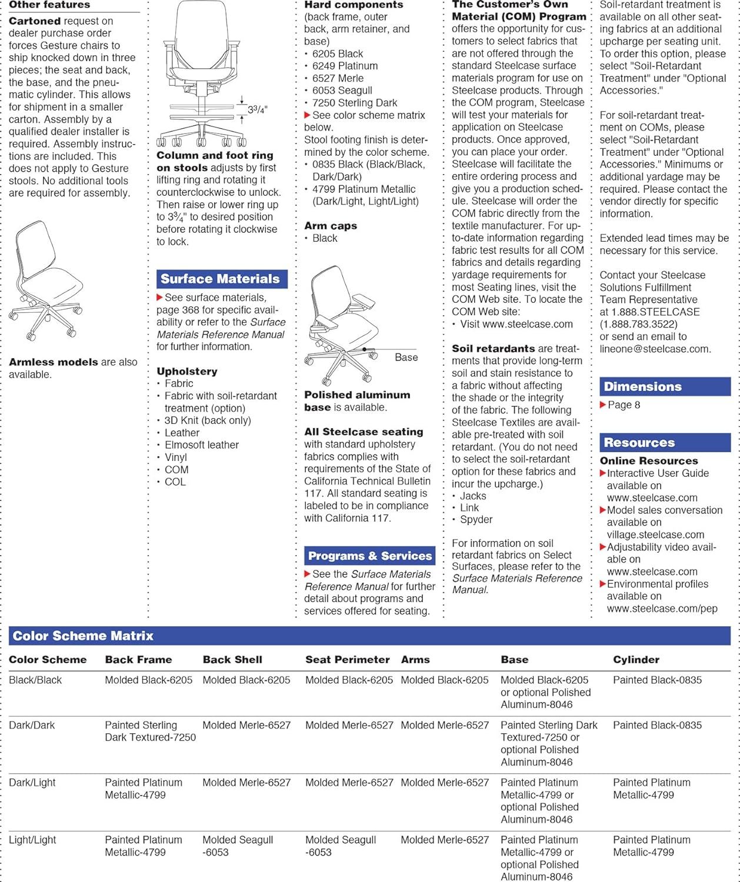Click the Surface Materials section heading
(x=221, y=279)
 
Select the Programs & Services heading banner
(x=369, y=556)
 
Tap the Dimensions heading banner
(x=642, y=387)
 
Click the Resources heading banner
(x=639, y=443)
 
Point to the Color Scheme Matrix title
(x=83, y=636)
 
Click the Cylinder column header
(x=636, y=660)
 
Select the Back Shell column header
(x=232, y=660)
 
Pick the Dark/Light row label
(x=32, y=783)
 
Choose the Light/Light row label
(x=32, y=840)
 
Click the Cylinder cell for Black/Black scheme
(x=657, y=680)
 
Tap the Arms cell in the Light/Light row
(x=445, y=840)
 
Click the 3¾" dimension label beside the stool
(x=257, y=110)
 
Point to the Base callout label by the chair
(x=406, y=358)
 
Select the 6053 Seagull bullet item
(x=342, y=91)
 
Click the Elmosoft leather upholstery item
(x=201, y=445)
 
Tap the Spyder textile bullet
(x=476, y=520)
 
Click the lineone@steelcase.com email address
(x=655, y=349)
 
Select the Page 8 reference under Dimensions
(x=624, y=405)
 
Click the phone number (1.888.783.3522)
(x=638, y=324)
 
